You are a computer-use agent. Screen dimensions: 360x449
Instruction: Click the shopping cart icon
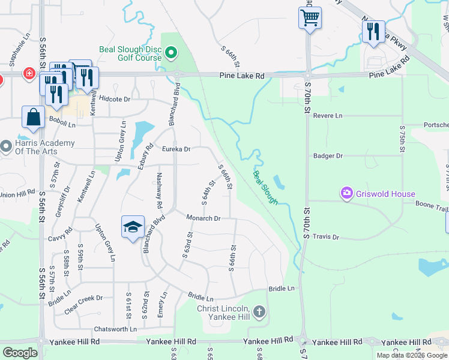click(x=310, y=19)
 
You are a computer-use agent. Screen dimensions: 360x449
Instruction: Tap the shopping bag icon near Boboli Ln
click(x=33, y=118)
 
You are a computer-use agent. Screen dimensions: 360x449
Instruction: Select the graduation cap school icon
click(x=133, y=227)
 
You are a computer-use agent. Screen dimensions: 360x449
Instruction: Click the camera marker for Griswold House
click(x=346, y=193)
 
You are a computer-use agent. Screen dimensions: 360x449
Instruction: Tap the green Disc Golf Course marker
click(x=171, y=54)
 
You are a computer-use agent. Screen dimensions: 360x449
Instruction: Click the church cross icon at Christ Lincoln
click(x=259, y=311)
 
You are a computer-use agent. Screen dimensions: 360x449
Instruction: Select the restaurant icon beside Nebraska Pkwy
click(x=373, y=32)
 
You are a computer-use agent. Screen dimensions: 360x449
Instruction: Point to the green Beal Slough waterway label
click(x=265, y=187)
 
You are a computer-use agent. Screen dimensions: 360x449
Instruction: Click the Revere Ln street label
click(x=328, y=115)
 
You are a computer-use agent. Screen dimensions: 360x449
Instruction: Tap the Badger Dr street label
click(x=328, y=155)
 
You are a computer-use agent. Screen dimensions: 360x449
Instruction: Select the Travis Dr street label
click(x=326, y=237)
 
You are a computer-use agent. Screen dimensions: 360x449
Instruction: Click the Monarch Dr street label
click(x=203, y=218)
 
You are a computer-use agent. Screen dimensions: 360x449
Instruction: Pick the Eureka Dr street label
click(x=176, y=149)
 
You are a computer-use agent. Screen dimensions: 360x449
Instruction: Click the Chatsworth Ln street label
click(x=115, y=329)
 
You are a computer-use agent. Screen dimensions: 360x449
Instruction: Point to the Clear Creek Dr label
click(x=83, y=298)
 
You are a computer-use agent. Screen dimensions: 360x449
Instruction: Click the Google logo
click(x=20, y=352)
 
